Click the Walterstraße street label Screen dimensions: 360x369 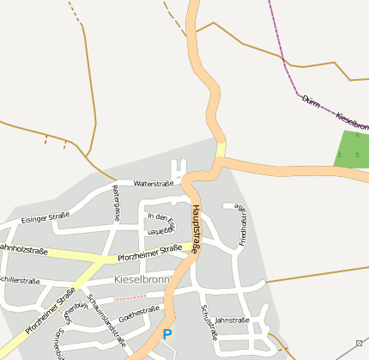click(x=154, y=183)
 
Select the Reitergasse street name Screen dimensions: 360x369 click(x=116, y=203)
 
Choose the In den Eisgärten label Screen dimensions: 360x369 click(x=161, y=223)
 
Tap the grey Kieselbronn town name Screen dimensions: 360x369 click(x=142, y=280)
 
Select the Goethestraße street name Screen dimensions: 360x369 click(x=139, y=311)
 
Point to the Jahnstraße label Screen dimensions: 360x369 click(x=232, y=320)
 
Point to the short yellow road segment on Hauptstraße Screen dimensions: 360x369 click(x=221, y=150)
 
